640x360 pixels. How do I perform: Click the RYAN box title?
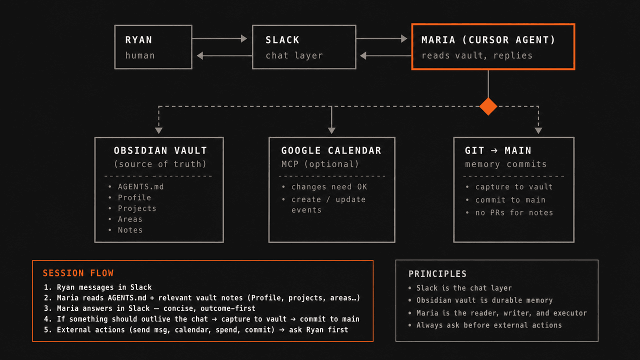click(138, 40)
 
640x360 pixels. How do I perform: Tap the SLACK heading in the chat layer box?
click(282, 40)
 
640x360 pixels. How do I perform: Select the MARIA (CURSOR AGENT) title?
click(488, 40)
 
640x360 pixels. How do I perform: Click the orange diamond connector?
click(488, 106)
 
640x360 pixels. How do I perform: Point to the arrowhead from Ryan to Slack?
click(244, 38)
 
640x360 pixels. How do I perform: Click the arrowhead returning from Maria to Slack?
click(363, 55)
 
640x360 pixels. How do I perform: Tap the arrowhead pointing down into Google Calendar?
click(331, 130)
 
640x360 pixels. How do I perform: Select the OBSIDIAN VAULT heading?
click(160, 150)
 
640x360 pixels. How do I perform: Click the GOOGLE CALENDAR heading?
click(331, 150)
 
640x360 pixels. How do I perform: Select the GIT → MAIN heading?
click(498, 150)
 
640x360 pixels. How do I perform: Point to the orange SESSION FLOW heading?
click(78, 273)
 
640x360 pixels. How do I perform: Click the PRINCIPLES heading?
click(437, 274)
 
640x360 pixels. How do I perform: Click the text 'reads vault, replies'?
click(477, 55)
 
